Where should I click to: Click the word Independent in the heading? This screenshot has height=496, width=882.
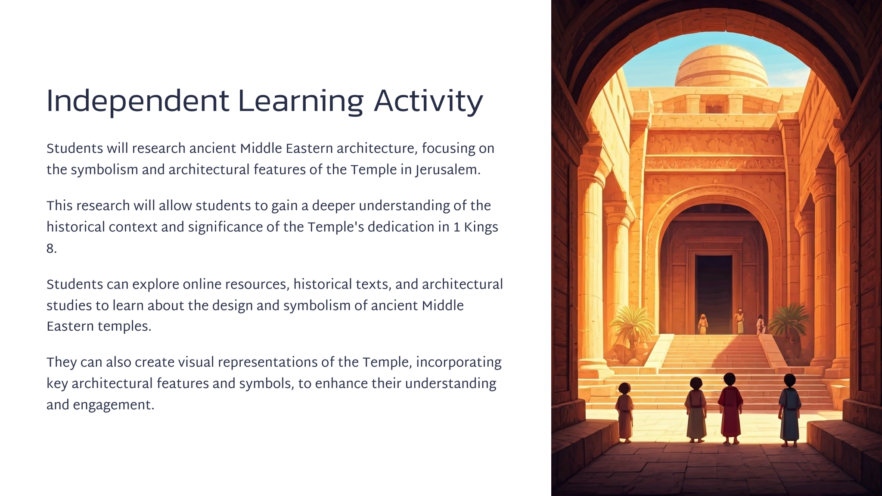click(137, 102)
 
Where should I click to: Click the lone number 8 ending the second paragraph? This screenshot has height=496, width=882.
click(51, 248)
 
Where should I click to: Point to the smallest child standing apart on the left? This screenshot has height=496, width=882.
click(624, 412)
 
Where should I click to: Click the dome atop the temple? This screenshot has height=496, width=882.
click(721, 66)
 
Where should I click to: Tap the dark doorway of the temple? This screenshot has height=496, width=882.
click(714, 294)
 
